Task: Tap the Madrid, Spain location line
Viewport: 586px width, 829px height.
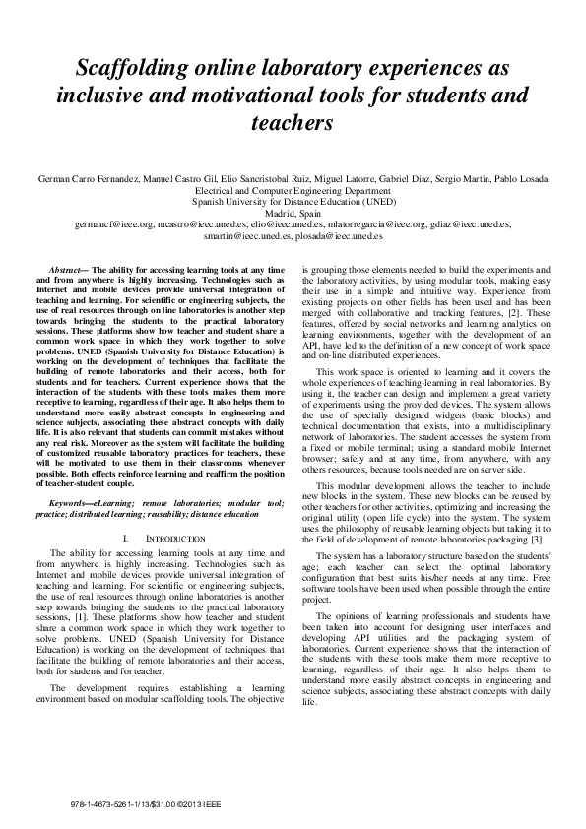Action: coord(293,213)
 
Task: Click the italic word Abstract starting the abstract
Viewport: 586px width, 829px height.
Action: coord(67,269)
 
